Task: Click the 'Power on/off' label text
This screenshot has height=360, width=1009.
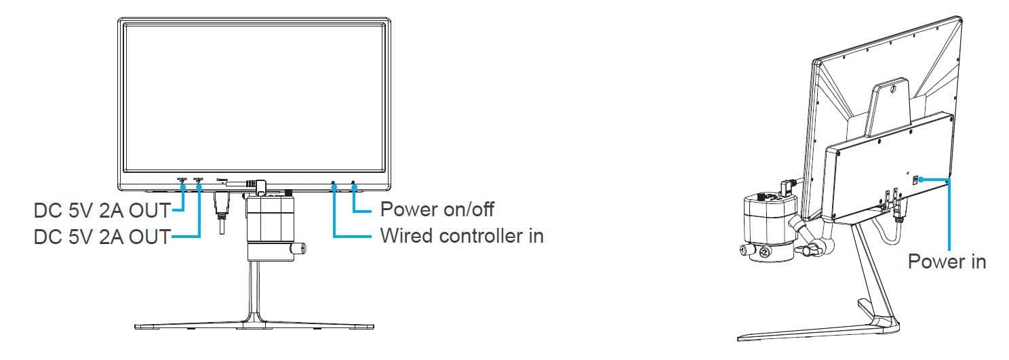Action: tap(437, 208)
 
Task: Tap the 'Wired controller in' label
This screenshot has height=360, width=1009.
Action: tap(461, 236)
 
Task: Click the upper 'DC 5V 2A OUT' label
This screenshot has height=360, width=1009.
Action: tap(102, 210)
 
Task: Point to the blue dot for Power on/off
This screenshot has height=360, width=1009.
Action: tap(353, 184)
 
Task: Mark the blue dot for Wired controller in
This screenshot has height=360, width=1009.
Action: tap(334, 184)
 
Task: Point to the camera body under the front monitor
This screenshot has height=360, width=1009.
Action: tap(268, 220)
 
